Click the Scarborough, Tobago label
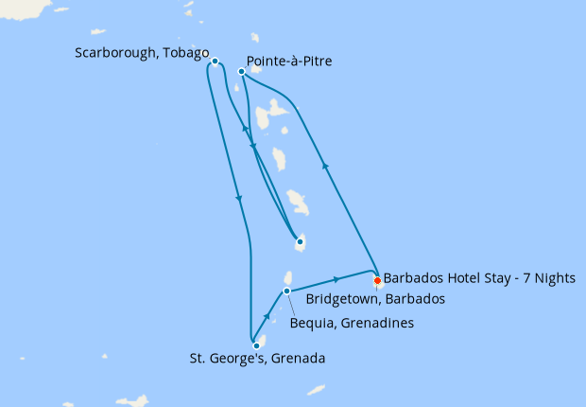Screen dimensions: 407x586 [142, 53]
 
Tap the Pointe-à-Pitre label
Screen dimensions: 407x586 [294, 62]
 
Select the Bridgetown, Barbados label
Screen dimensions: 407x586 [375, 298]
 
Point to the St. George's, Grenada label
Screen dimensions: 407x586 [256, 359]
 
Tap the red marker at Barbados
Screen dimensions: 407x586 [377, 280]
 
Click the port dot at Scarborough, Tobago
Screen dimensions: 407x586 [215, 62]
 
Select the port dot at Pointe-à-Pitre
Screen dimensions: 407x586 [242, 71]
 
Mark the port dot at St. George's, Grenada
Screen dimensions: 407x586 [256, 345]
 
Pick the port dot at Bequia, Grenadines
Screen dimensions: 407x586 [287, 290]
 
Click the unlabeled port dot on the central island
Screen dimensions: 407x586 [300, 241]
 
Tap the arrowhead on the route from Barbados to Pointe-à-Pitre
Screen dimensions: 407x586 [326, 165]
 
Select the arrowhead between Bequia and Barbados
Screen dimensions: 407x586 [337, 279]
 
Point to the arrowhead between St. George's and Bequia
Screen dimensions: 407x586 [268, 317]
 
